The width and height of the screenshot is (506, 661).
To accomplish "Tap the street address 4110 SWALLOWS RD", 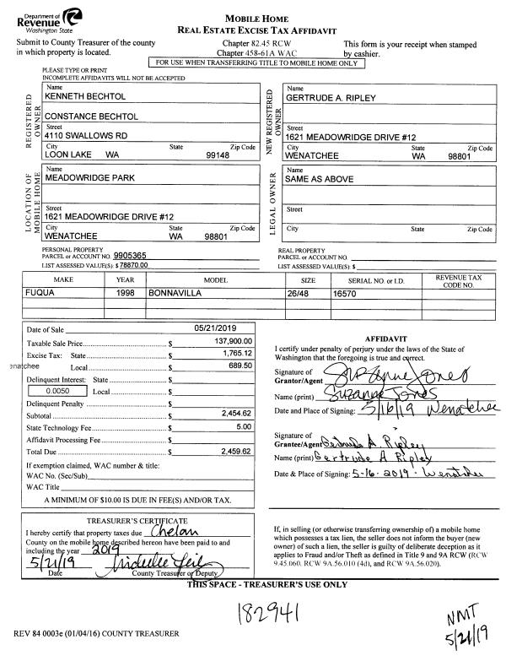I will tap(86, 134).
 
